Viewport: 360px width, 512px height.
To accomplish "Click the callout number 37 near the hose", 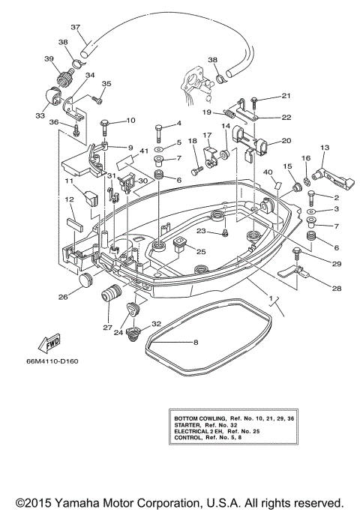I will coord(75,28).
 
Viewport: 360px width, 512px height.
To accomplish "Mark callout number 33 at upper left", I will coord(39,116).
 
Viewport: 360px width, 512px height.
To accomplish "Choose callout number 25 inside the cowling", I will coord(200,251).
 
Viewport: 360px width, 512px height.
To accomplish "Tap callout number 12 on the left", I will coord(67,199).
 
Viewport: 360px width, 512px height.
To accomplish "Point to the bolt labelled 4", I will coord(159,135).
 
